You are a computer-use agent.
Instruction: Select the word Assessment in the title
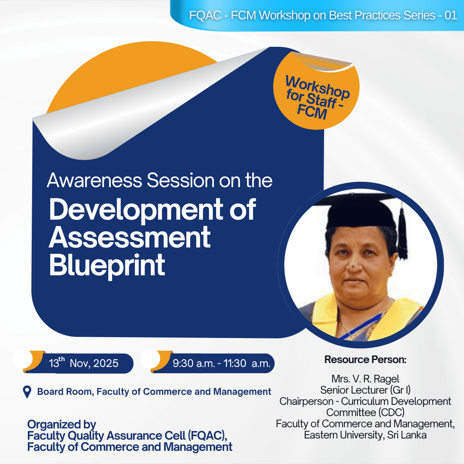(x=130, y=237)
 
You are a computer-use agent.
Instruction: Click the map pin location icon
(x=27, y=392)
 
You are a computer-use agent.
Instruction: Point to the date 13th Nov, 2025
(x=84, y=363)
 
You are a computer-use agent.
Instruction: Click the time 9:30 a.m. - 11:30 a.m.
(x=221, y=363)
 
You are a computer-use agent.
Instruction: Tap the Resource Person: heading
(x=365, y=360)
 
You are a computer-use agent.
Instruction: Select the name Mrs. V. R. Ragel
(x=365, y=379)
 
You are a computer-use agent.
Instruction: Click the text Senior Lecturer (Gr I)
(x=365, y=390)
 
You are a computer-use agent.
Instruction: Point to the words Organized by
(x=61, y=424)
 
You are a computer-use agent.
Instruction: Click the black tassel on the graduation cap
(x=403, y=236)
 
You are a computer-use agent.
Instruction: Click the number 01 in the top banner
(x=451, y=15)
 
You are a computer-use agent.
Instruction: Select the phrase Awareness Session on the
(x=159, y=181)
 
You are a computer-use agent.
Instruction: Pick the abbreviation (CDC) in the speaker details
(x=391, y=413)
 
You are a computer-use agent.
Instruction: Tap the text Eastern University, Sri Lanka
(x=365, y=435)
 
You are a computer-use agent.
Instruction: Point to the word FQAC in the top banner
(x=205, y=15)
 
